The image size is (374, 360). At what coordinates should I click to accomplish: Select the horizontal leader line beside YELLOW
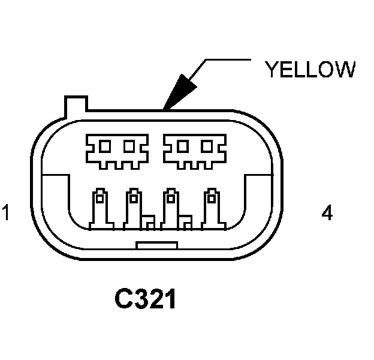(x=227, y=59)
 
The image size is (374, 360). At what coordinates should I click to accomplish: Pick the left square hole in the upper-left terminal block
(x=105, y=146)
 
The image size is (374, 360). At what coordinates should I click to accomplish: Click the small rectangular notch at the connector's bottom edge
(x=156, y=245)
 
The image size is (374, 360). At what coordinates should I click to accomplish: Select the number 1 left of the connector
(x=6, y=213)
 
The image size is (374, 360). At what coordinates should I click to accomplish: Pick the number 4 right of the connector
(x=327, y=213)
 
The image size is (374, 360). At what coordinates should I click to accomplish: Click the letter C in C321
(x=124, y=299)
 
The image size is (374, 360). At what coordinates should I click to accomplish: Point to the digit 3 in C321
(x=142, y=299)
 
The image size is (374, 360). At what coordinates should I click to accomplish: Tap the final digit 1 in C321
(x=171, y=299)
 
